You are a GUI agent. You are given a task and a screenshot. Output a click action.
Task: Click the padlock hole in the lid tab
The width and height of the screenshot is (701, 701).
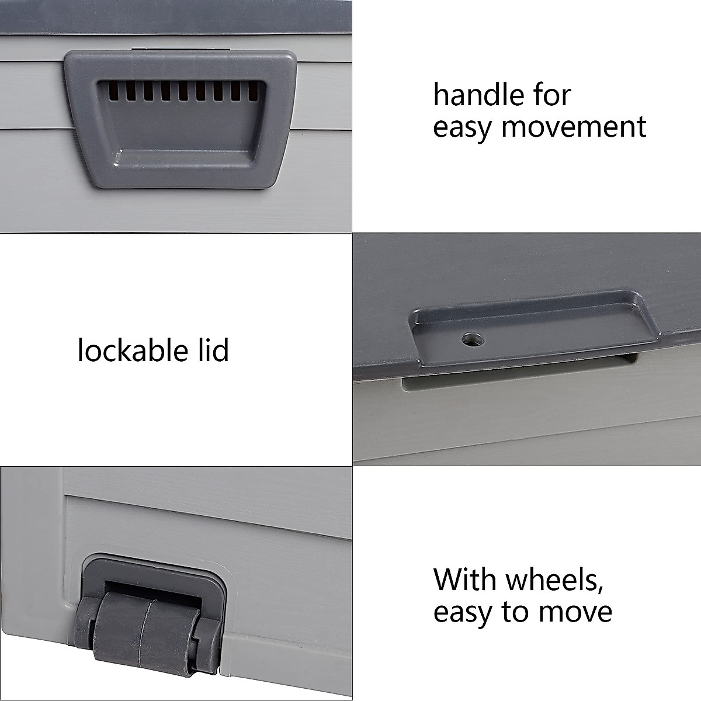pos(469,338)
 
